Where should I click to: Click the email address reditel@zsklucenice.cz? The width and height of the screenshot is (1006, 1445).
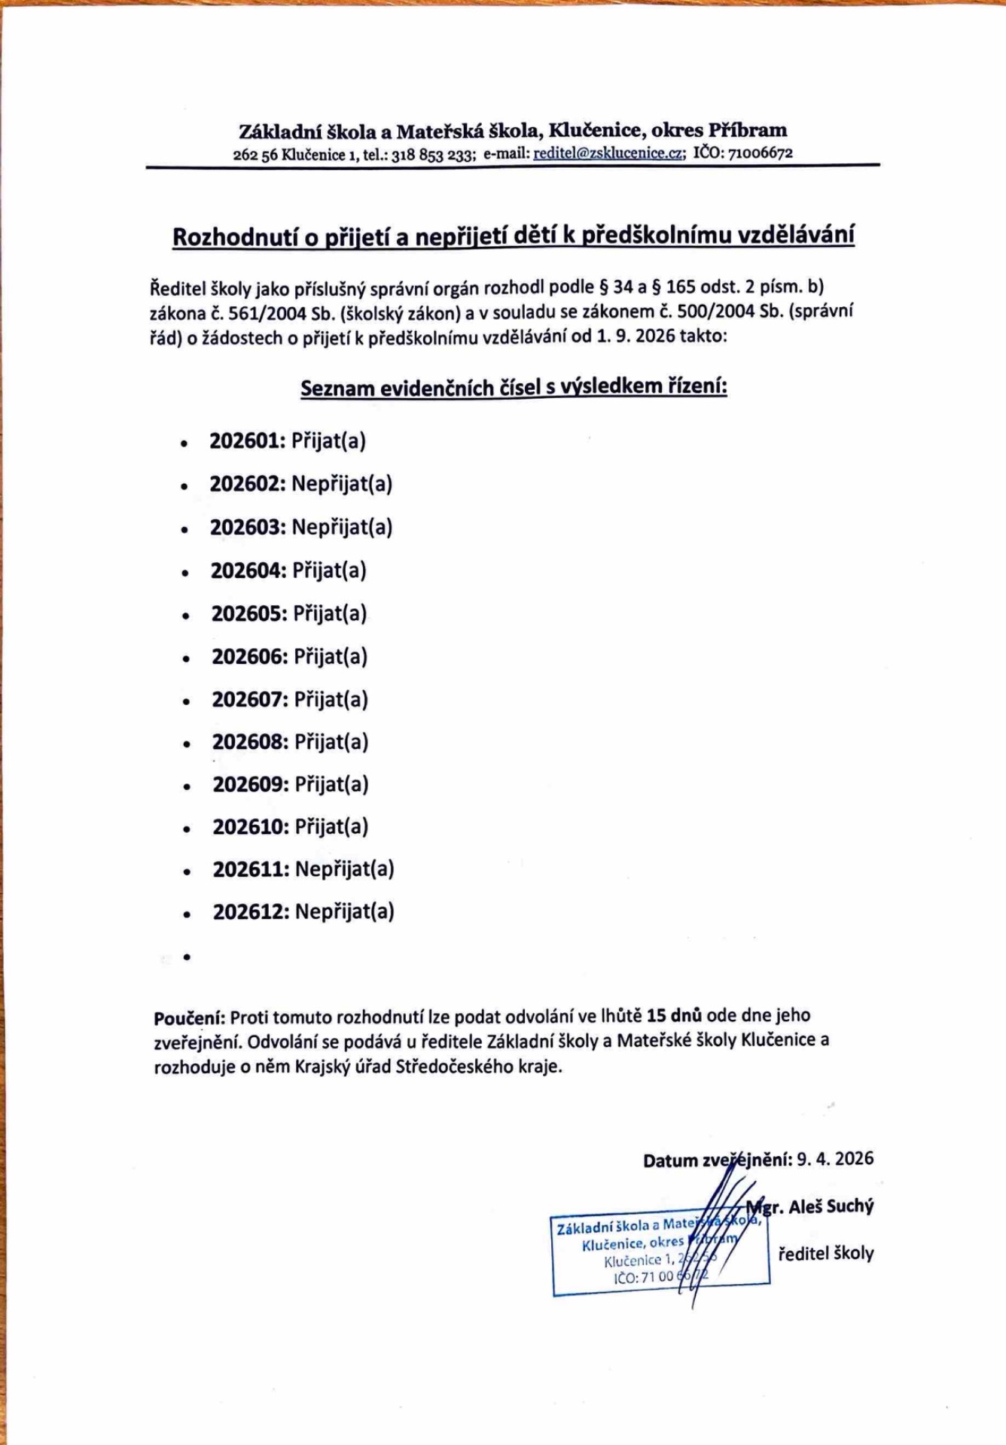click(609, 154)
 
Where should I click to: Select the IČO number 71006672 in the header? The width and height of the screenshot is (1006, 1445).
click(760, 153)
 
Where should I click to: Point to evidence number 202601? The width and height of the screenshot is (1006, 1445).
click(247, 441)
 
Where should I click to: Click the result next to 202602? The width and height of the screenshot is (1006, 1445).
click(342, 484)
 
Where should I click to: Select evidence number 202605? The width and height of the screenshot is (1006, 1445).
click(248, 614)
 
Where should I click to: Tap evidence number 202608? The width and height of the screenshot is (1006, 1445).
click(249, 742)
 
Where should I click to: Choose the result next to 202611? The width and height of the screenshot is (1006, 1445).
click(344, 870)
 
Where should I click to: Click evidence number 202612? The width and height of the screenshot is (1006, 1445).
click(251, 912)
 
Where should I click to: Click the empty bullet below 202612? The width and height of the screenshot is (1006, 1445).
click(187, 957)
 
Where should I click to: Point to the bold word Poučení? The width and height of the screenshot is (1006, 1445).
click(189, 1018)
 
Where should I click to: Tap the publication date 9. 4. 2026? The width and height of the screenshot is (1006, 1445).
click(835, 1158)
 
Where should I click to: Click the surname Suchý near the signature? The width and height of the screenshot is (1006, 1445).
click(850, 1206)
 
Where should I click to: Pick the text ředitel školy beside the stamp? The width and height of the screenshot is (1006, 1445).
click(825, 1254)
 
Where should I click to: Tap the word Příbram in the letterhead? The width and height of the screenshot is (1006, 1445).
click(748, 130)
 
